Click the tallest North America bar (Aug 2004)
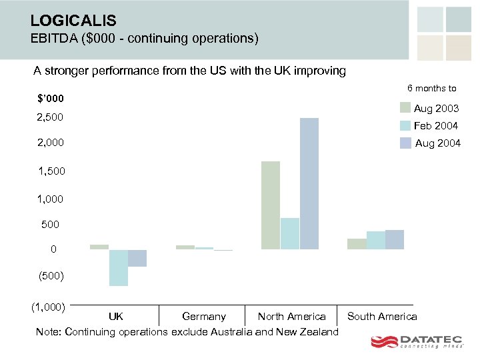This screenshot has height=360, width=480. tap(309, 183)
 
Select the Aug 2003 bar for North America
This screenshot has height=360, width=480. tap(271, 205)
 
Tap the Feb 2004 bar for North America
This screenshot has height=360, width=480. tap(290, 233)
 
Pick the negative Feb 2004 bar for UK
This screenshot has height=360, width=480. tap(119, 267)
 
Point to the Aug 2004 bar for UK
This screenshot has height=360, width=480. tap(137, 258)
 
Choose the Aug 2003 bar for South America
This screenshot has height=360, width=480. tap(357, 244)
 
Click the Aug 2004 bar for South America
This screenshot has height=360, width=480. tap(395, 240)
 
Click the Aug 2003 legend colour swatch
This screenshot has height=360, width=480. tap(405, 108)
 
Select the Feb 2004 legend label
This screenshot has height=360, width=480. tap(436, 125)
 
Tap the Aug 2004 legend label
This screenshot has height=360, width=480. tap(437, 143)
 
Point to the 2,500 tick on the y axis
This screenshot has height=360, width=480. tap(50, 117)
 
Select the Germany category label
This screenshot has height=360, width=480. tap(204, 317)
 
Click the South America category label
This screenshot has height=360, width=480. tap(382, 317)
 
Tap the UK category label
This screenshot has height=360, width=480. tap(116, 317)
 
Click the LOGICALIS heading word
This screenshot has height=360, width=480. tap(73, 21)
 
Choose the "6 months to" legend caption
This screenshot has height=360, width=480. tap(432, 89)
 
